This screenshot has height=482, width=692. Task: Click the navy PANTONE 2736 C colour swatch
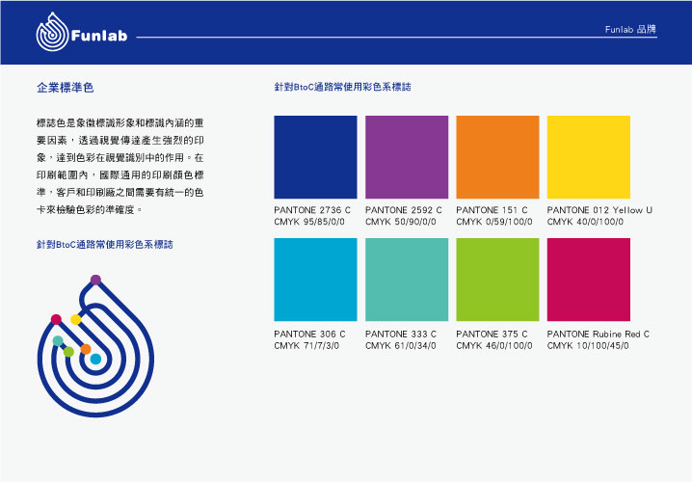[x=315, y=157]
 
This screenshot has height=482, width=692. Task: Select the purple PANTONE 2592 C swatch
[x=407, y=157]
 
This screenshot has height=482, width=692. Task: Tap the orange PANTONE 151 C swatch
[x=497, y=157]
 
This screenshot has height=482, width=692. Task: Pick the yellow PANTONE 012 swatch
[x=588, y=157]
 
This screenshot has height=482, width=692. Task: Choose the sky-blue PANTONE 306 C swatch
[x=315, y=280]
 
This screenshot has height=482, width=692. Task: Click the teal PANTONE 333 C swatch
[x=407, y=280]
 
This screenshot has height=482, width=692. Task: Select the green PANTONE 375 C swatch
[x=497, y=280]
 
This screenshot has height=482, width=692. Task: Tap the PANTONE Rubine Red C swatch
[x=588, y=280]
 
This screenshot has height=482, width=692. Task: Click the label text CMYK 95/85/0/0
[x=309, y=222]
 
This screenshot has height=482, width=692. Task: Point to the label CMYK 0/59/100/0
[x=494, y=222]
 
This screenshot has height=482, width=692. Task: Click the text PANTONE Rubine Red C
[x=598, y=335]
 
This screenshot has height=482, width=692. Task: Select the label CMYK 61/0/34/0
[x=401, y=346]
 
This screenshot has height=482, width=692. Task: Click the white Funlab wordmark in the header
[x=99, y=36]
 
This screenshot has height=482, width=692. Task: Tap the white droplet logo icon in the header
[x=52, y=32]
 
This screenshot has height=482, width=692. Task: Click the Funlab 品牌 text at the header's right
[x=630, y=29]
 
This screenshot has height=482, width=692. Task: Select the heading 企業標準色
[x=66, y=88]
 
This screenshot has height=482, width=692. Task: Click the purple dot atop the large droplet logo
[x=95, y=280]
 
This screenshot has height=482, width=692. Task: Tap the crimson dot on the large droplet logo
[x=56, y=319]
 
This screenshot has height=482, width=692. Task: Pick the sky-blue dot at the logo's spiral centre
[x=95, y=359]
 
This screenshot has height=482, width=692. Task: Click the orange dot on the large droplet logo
[x=86, y=349]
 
